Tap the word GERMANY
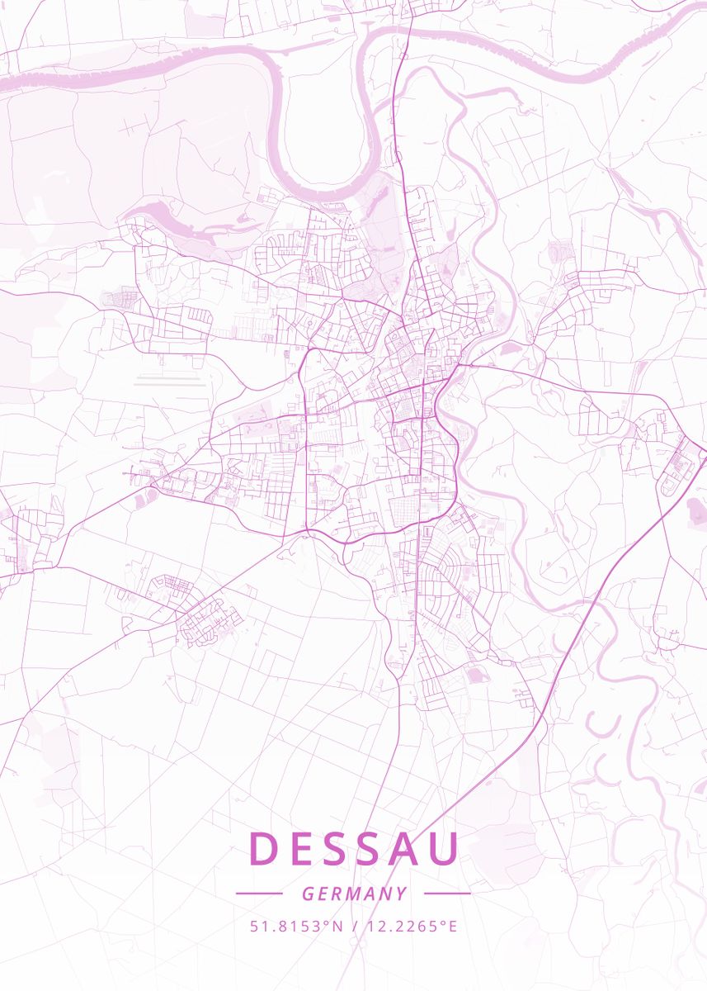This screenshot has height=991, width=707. click(x=354, y=894)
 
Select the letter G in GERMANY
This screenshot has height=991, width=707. click(x=307, y=894)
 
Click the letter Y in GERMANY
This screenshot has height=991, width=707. click(x=402, y=894)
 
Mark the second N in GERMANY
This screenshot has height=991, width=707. click(x=386, y=894)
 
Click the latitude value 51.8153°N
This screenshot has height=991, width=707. click(x=296, y=927)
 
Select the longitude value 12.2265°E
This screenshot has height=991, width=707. click(x=410, y=927)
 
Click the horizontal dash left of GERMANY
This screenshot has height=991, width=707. click(x=259, y=894)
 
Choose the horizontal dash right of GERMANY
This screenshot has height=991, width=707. click(x=447, y=894)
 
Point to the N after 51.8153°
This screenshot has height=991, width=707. click(x=337, y=927)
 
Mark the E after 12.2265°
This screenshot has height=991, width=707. click(x=452, y=927)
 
